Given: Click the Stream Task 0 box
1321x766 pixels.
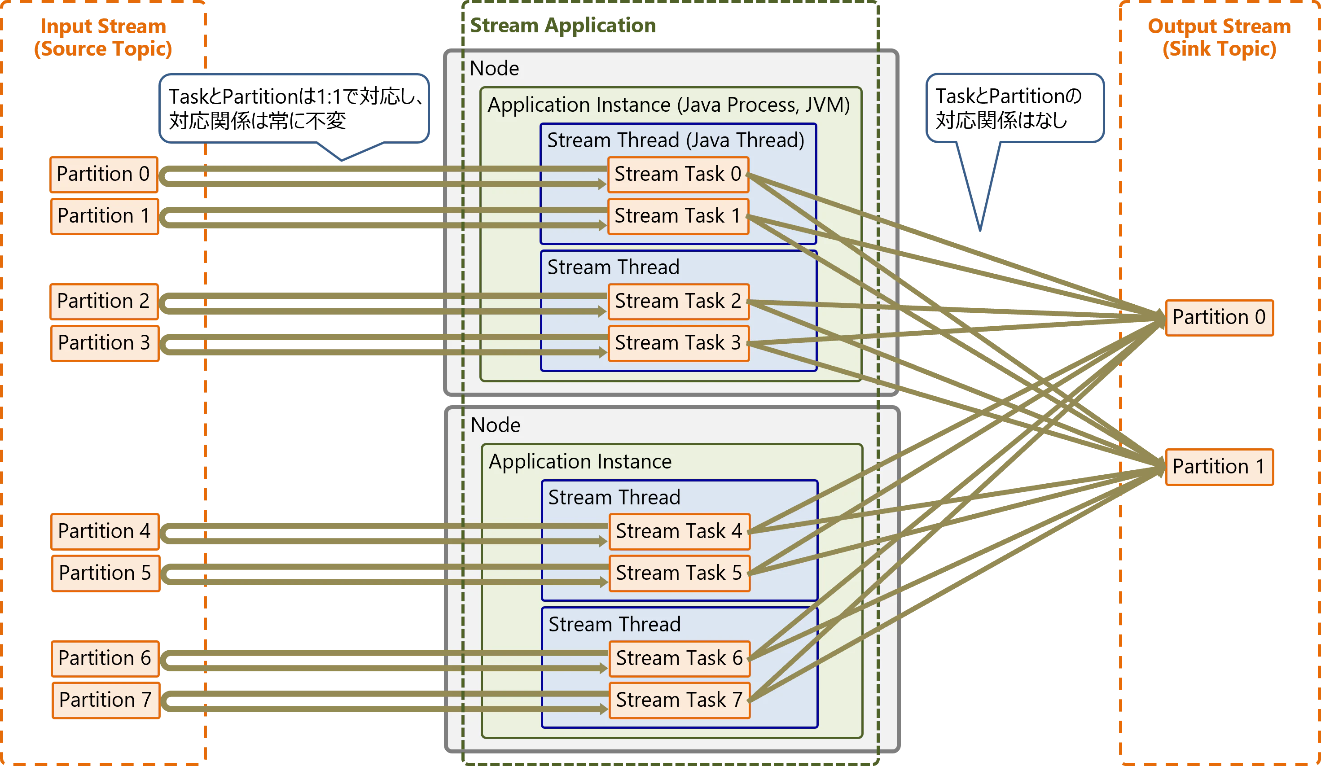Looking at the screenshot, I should tap(678, 174).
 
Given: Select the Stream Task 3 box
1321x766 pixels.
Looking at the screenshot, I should tap(678, 343).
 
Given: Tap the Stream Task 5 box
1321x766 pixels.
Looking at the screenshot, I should tap(679, 573).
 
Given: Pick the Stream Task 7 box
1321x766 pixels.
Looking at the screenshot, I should tap(679, 700).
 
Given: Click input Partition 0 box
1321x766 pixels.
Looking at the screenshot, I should tap(103, 174).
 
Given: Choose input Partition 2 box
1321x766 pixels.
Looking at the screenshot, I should tap(103, 301).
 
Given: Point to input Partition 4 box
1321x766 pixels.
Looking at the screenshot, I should tap(104, 531).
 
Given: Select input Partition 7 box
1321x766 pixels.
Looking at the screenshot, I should tap(105, 700).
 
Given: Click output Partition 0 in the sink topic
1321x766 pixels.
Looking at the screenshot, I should tap(1219, 317).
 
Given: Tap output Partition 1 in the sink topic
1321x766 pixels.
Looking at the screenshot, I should tap(1219, 466).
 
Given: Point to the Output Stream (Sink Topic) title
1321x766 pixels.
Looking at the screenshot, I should tap(1220, 38).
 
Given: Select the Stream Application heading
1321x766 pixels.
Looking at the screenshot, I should tap(563, 25).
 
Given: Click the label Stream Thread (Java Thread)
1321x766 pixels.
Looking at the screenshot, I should tap(676, 140).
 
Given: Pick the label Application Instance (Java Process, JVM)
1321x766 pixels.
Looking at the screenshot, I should tap(668, 105).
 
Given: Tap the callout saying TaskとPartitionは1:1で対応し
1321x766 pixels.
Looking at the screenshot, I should tap(294, 108).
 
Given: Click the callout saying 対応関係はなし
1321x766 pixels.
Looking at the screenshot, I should tap(1015, 108).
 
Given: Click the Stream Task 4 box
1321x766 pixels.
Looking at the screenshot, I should tap(679, 531).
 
